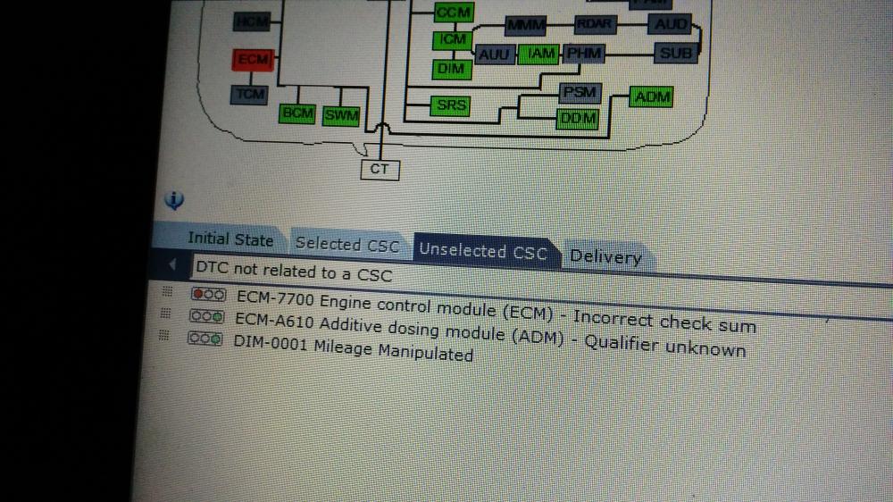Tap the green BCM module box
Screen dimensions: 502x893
click(x=296, y=113)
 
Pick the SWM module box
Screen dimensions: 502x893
click(x=340, y=114)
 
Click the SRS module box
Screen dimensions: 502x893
click(x=452, y=106)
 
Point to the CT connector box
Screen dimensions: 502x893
click(x=380, y=168)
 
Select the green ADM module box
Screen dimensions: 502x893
click(x=651, y=96)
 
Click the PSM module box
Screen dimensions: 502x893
click(x=580, y=92)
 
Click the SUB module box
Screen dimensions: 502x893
click(x=675, y=54)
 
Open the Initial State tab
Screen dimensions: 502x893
click(x=230, y=239)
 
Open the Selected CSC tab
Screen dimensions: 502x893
click(x=347, y=244)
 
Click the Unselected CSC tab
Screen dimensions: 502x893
click(x=482, y=251)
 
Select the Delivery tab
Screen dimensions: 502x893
click(x=605, y=257)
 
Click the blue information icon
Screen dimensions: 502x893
click(x=174, y=199)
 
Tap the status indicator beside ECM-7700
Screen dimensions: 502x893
click(x=208, y=294)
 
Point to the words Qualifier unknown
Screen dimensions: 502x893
click(x=664, y=347)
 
